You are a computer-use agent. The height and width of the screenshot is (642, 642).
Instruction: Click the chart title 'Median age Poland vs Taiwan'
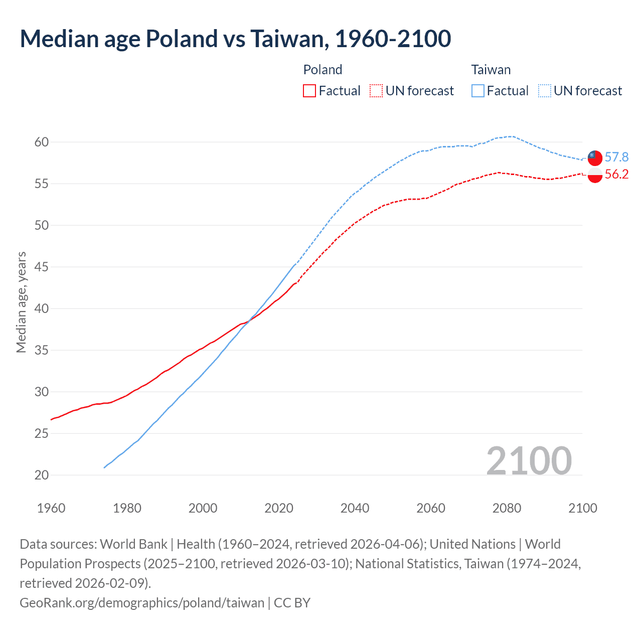235,39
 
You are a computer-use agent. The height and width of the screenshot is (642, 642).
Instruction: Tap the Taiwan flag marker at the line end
595,157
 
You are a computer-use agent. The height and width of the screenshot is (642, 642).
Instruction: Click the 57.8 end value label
616,157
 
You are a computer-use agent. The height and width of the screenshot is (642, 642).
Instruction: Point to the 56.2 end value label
616,175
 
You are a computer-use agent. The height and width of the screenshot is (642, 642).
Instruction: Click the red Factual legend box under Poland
309,91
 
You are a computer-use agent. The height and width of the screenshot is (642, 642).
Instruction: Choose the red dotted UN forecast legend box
376,91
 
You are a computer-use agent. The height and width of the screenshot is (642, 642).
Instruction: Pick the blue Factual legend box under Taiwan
478,91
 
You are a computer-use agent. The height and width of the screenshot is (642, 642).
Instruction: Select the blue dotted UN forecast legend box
545,91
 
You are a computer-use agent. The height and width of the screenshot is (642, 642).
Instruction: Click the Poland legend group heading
323,70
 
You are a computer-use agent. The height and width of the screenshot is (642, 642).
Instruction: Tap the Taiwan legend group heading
491,70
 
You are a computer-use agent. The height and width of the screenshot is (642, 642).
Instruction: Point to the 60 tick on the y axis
42,142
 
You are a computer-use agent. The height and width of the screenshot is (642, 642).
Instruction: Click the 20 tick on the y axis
42,475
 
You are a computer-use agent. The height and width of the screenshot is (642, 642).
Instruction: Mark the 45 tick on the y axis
42,267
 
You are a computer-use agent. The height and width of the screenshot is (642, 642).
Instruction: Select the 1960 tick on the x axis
51,508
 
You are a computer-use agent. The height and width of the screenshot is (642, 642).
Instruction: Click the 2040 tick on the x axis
355,508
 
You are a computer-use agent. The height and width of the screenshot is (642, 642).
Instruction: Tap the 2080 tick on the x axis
507,508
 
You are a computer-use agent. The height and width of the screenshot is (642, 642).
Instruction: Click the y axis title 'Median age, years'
21,302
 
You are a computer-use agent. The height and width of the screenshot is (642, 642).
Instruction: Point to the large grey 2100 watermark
529,461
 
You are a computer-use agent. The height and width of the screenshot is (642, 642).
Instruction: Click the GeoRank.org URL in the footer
142,603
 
